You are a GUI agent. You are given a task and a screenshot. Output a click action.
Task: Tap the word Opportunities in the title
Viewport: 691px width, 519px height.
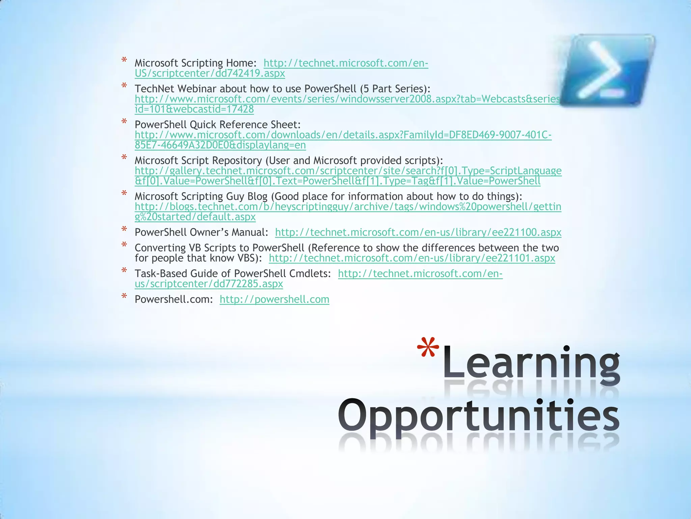tap(478, 418)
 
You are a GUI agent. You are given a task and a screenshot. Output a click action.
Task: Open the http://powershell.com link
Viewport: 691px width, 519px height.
tap(274, 299)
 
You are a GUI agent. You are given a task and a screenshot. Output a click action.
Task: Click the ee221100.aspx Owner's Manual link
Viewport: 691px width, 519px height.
tap(418, 232)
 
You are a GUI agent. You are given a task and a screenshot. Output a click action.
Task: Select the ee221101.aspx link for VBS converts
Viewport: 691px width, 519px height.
tap(412, 258)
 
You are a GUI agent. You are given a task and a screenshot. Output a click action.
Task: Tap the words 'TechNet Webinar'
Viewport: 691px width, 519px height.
tap(175, 89)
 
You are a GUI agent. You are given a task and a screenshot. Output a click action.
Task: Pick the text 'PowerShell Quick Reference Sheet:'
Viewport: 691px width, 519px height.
tap(217, 125)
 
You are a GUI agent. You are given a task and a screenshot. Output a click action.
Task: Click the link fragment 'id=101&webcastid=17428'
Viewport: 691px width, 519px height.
tap(194, 109)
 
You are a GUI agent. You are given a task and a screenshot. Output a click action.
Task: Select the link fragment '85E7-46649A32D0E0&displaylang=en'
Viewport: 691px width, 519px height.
tap(220, 145)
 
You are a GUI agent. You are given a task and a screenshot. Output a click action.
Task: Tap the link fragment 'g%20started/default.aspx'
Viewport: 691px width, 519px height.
tap(195, 217)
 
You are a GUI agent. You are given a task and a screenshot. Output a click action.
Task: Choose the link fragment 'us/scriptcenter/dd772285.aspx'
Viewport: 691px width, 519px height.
tap(209, 284)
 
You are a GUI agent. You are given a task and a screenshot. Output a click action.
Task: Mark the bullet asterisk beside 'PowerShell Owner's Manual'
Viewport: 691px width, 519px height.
tap(124, 230)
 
